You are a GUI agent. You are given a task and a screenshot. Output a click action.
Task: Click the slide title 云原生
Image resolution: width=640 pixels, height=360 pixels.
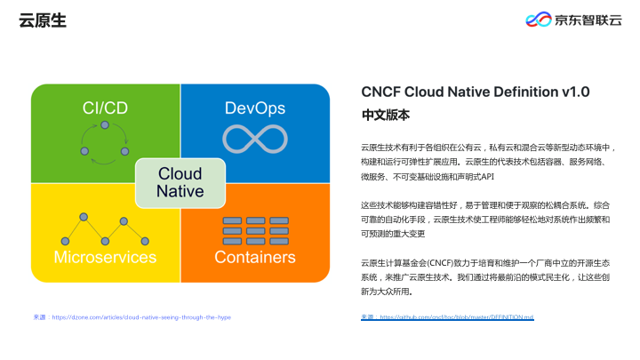point(43,20)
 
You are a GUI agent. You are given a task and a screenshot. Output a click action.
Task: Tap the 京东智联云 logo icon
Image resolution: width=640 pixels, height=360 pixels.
point(538,20)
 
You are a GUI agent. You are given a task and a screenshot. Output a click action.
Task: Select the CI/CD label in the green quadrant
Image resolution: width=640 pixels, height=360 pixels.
point(105,108)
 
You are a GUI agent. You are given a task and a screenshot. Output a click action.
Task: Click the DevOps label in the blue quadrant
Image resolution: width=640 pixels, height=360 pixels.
point(255,108)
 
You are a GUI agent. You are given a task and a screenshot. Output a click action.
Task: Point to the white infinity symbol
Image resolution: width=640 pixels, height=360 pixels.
point(255,139)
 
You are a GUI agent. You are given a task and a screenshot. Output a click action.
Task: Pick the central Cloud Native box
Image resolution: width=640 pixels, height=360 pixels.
point(180,182)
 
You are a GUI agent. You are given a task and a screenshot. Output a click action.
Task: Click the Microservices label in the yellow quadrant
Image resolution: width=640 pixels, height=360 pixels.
point(105,258)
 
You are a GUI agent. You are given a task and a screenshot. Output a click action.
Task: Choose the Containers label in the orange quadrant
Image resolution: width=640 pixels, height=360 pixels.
point(255,258)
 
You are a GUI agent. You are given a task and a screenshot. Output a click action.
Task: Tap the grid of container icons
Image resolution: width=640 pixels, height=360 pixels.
point(255,229)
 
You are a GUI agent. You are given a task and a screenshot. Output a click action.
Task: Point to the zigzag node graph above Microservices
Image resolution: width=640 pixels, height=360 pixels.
point(105,229)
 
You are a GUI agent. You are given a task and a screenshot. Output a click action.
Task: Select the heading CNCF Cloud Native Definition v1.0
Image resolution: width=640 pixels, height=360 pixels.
point(476,92)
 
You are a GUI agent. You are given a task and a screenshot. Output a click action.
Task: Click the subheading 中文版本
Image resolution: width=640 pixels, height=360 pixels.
point(385,116)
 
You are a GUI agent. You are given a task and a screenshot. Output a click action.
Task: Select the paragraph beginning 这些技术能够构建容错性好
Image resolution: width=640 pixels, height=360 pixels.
point(485,220)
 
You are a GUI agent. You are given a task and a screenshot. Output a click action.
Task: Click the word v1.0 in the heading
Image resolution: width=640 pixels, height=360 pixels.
point(575,92)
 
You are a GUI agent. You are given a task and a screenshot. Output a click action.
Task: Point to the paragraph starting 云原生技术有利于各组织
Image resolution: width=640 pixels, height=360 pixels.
point(485,162)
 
